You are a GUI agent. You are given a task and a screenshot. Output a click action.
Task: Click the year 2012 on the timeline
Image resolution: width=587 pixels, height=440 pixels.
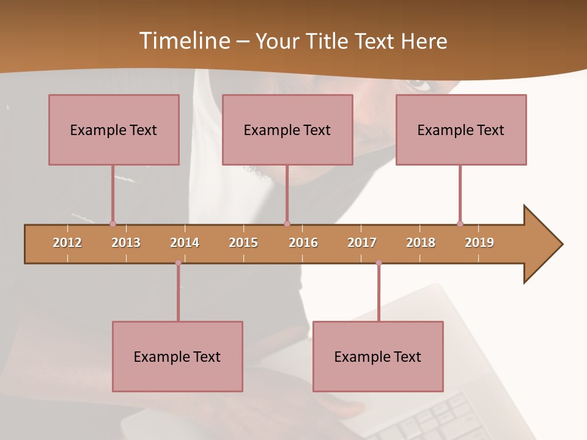tap(67, 243)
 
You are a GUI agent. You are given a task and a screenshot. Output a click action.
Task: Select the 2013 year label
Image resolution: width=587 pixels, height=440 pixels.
tap(126, 243)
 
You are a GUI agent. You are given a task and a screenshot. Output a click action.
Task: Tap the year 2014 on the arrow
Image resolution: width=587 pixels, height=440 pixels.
tap(185, 243)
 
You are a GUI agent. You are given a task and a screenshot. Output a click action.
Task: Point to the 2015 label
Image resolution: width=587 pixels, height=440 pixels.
tap(243, 243)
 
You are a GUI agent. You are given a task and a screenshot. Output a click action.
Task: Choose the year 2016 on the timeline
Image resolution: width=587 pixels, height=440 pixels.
tap(303, 243)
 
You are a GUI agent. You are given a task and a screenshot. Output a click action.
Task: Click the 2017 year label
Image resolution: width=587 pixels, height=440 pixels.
tap(362, 243)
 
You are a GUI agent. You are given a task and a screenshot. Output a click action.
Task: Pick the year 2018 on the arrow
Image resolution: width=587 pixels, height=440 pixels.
tap(421, 243)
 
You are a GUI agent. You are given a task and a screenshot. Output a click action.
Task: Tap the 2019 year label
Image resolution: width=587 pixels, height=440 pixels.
tap(479, 243)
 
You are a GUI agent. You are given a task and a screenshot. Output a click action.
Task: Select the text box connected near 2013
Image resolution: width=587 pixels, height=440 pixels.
tap(114, 130)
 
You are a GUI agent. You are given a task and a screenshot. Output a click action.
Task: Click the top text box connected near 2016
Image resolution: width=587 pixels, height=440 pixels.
tap(287, 130)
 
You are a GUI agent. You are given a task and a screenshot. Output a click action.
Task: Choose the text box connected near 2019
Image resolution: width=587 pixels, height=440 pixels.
tap(461, 130)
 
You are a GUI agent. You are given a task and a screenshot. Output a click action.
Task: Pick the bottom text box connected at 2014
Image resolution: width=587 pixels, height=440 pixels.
tap(177, 356)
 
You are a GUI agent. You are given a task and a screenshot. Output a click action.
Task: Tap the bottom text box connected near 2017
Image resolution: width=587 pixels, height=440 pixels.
tap(378, 356)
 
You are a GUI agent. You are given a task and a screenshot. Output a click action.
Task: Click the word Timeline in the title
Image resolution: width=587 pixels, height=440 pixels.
tap(184, 41)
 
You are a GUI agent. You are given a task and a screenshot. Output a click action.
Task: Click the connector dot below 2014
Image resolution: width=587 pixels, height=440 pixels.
tap(178, 263)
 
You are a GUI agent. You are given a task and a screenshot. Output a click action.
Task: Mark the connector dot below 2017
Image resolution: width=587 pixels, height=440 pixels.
tap(378, 263)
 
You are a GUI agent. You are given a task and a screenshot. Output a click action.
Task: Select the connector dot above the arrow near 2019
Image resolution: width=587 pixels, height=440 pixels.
tap(460, 224)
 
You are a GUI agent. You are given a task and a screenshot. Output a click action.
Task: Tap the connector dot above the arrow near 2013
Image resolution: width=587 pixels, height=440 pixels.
tap(113, 224)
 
